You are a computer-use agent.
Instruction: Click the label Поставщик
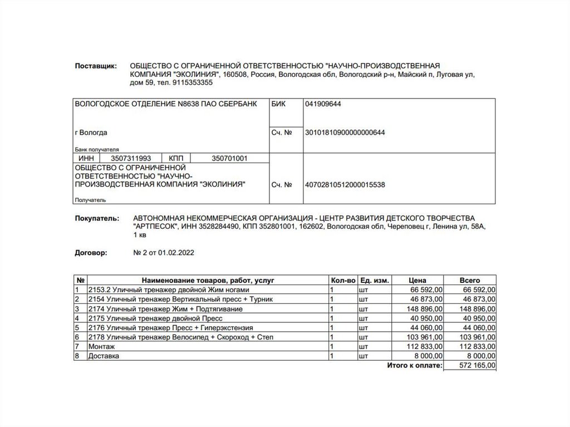96,66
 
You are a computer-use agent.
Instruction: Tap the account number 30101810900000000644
345,132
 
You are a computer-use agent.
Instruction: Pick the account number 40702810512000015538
345,185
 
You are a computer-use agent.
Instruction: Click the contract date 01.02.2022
177,253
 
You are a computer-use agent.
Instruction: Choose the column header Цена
417,281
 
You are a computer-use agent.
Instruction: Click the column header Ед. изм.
374,281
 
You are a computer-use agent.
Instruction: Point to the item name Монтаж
101,346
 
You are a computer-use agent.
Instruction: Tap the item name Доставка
104,356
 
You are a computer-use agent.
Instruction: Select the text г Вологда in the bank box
91,132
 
